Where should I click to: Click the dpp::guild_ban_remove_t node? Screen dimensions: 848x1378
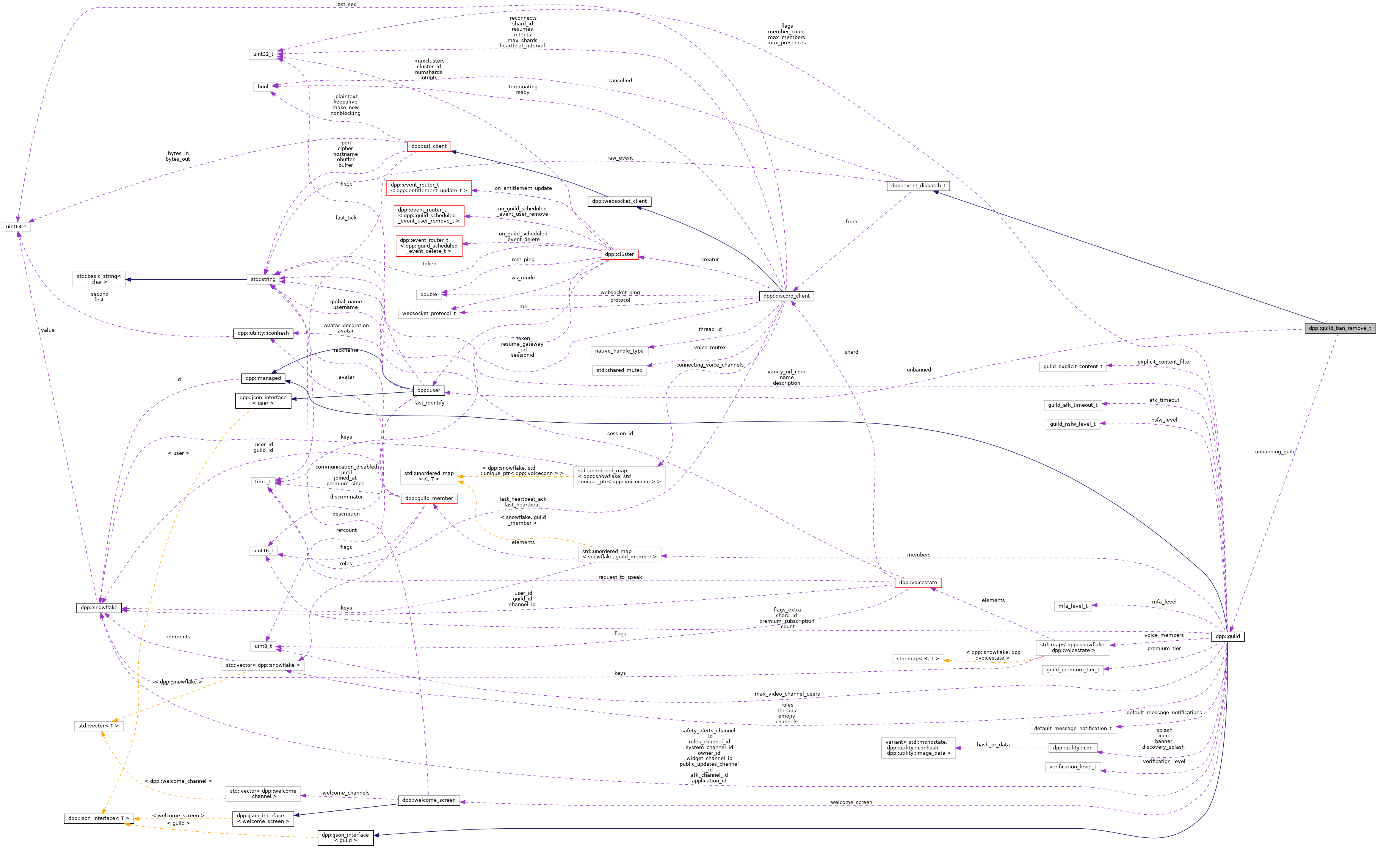[x=1339, y=328]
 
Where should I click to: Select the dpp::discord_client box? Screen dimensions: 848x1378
[x=786, y=296]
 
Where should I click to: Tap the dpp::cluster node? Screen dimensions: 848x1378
[x=619, y=255]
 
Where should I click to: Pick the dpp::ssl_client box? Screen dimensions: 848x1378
[x=428, y=146]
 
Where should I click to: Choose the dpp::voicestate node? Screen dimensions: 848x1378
[x=917, y=583]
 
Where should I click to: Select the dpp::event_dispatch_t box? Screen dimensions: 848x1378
[x=917, y=186]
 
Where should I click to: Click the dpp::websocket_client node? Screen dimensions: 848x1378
[x=619, y=201]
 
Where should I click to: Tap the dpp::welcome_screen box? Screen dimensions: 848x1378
[x=428, y=800]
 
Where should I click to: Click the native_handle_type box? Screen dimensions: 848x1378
[x=619, y=351]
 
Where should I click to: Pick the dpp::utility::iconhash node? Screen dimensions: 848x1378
[x=263, y=333]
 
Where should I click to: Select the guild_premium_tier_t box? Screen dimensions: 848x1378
[x=1072, y=670]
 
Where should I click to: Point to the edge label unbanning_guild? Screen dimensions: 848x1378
[x=1275, y=451]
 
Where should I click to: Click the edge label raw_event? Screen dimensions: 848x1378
[x=620, y=158]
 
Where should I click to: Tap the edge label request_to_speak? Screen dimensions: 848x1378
[x=620, y=577]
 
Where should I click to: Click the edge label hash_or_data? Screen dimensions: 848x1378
[x=993, y=745]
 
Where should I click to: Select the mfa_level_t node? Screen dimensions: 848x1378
[x=1072, y=606]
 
